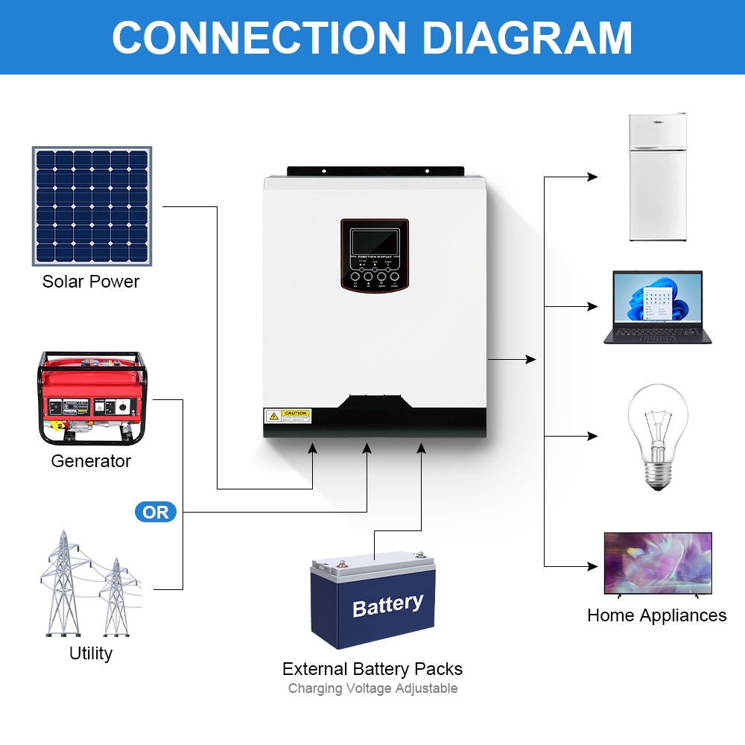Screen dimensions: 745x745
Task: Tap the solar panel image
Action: tap(92, 206)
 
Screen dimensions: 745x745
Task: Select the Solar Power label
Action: tap(91, 282)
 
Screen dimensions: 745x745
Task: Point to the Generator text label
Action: tap(91, 461)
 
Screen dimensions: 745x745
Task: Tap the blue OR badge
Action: tap(156, 513)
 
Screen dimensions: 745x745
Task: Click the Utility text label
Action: tap(91, 653)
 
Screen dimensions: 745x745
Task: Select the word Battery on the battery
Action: tap(387, 605)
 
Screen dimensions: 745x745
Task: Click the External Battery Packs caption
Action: tap(372, 669)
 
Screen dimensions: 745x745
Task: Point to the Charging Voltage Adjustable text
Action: tap(372, 688)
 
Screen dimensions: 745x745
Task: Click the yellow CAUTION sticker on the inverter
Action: tap(287, 416)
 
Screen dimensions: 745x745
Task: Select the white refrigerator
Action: tap(657, 177)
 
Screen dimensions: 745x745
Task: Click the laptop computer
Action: tap(657, 307)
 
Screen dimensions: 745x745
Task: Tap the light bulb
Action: tap(656, 436)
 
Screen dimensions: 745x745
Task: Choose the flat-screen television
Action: tap(657, 563)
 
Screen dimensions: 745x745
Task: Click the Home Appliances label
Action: tap(656, 615)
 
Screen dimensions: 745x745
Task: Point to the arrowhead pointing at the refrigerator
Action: tap(593, 177)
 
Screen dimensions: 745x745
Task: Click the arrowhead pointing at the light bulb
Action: tap(593, 436)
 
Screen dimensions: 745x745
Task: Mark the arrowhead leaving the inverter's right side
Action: tap(531, 359)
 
